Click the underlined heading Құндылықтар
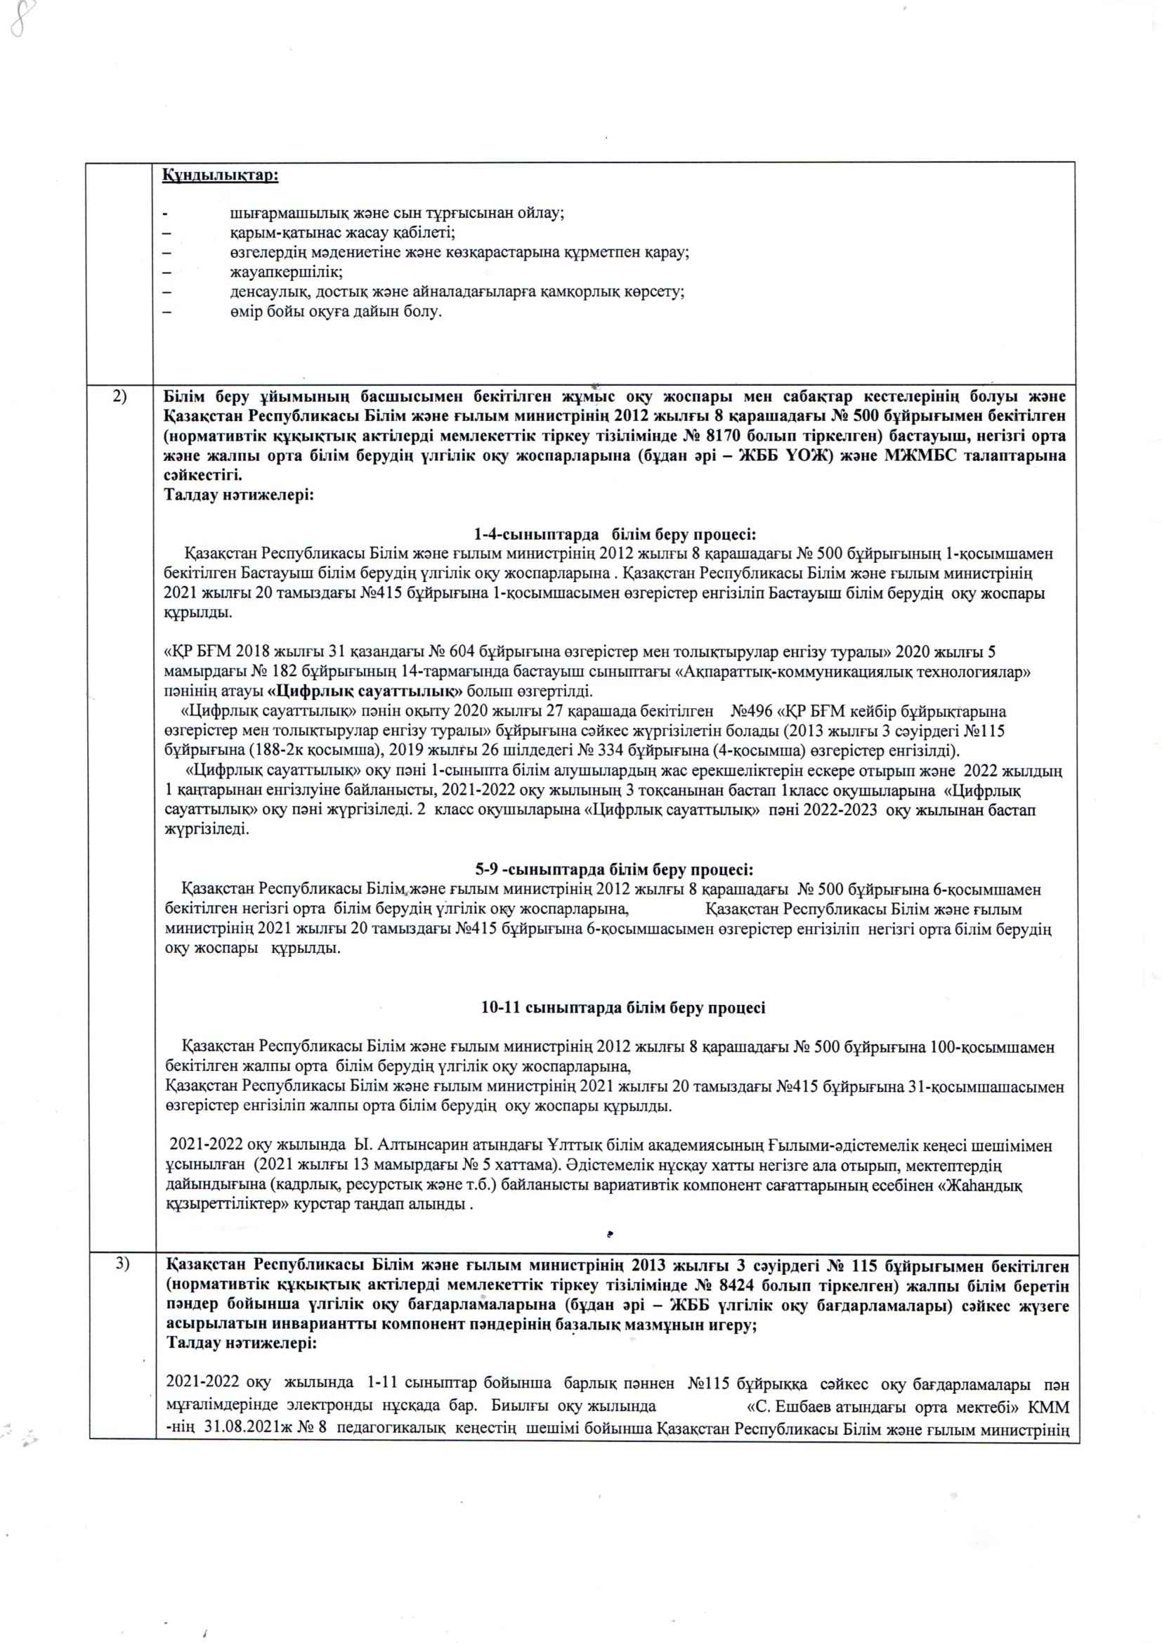pyautogui.click(x=221, y=175)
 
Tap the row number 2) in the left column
pyautogui.click(x=120, y=396)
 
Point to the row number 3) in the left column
pyautogui.click(x=122, y=1264)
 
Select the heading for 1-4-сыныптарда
pyautogui.click(x=615, y=535)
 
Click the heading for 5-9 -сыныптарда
pyautogui.click(x=614, y=869)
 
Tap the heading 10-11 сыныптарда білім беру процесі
pyautogui.click(x=622, y=1008)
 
